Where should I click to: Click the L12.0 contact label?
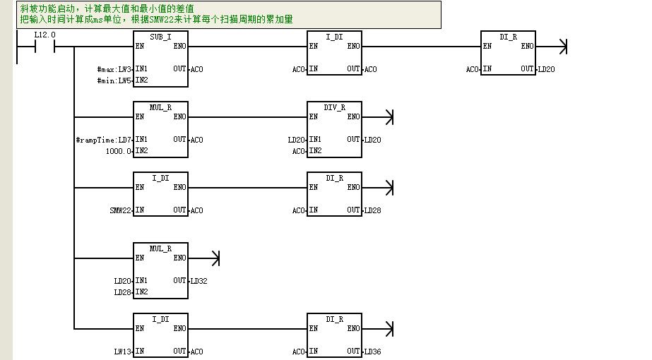coord(45,35)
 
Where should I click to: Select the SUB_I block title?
coord(160,37)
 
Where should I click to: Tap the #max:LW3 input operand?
coord(114,69)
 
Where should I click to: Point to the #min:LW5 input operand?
coord(114,80)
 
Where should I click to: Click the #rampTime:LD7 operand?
coord(104,140)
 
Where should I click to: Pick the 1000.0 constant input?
coord(119,151)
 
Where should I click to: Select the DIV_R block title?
coord(334,108)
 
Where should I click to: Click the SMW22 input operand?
coord(121,211)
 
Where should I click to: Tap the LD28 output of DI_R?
coord(372,211)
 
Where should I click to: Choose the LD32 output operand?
coord(198,282)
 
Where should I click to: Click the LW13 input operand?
coord(123,352)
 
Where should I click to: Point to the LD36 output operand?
coord(372,352)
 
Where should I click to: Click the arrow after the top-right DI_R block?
coord(552,47)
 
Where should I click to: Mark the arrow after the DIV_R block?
coord(377,117)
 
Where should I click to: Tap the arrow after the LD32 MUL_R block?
coord(203,258)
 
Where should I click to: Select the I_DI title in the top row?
coord(334,37)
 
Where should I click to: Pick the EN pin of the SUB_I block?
coord(140,46)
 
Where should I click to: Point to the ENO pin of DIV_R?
coord(353,116)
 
